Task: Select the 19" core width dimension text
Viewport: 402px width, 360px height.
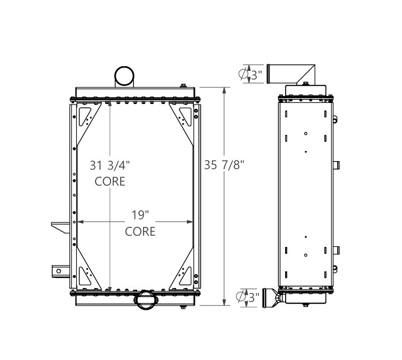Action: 139,215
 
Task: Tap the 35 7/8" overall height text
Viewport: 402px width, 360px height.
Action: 224,165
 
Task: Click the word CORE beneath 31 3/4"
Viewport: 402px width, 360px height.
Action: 110,181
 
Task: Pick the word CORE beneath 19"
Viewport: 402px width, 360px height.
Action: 140,231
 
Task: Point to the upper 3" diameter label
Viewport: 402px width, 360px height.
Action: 256,76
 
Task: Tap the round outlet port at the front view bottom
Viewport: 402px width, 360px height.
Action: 146,300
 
